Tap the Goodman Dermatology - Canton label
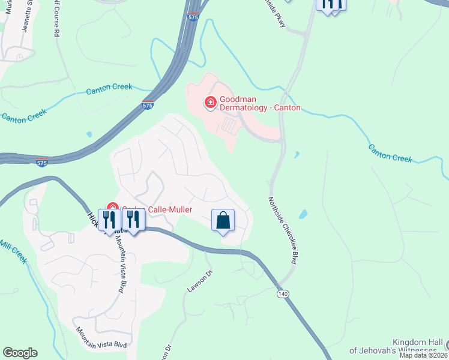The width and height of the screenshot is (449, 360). pos(260,103)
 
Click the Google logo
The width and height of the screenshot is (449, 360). pos(20,353)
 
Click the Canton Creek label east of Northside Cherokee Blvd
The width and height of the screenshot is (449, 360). pos(390,153)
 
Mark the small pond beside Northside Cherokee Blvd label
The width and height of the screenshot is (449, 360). pos(303,214)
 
